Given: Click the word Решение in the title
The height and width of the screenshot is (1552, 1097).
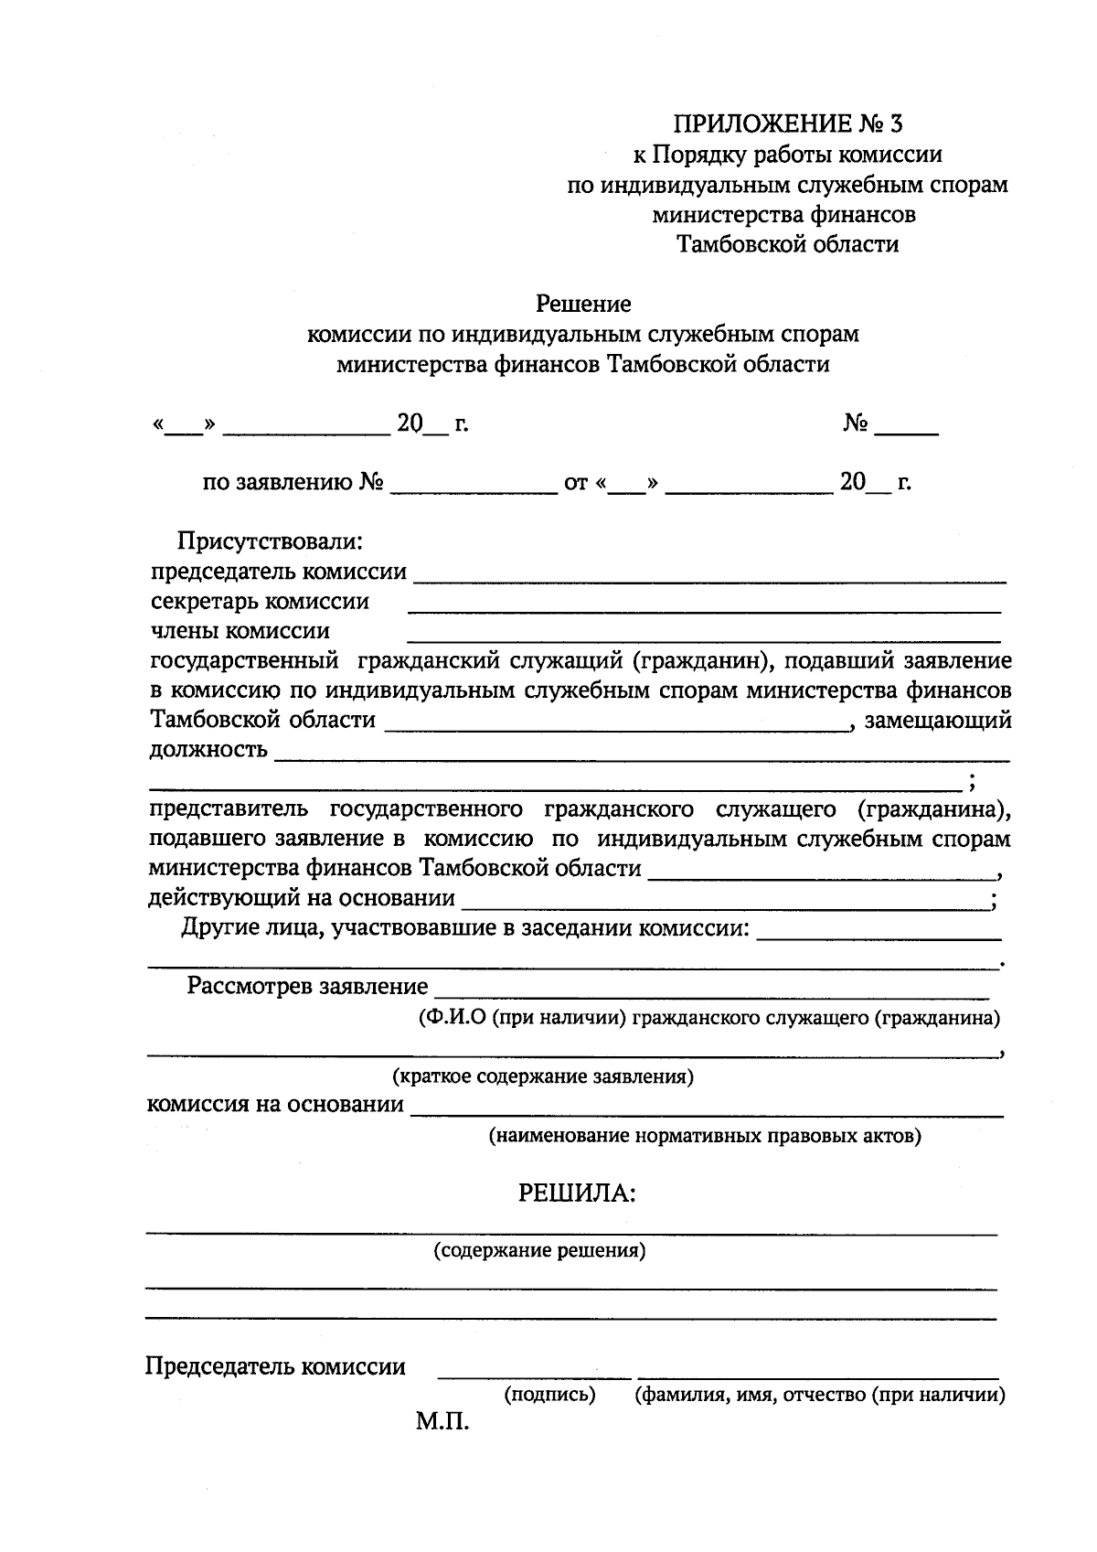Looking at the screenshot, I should [x=583, y=303].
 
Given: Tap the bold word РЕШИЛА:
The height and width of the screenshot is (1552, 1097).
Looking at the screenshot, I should [x=576, y=1193].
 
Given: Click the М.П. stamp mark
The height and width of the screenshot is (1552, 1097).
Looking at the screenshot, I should [x=442, y=1423].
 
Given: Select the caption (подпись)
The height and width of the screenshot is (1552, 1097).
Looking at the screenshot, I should [x=549, y=1395].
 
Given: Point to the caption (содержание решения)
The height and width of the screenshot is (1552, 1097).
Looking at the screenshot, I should [x=539, y=1250].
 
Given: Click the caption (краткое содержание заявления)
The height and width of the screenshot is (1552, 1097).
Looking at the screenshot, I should [x=543, y=1076].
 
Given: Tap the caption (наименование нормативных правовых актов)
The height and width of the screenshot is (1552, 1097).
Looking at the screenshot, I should [x=705, y=1136].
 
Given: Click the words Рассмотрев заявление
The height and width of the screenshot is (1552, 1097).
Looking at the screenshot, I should [x=307, y=986].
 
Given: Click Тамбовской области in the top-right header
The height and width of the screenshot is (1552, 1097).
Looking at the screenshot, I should [x=787, y=244].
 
